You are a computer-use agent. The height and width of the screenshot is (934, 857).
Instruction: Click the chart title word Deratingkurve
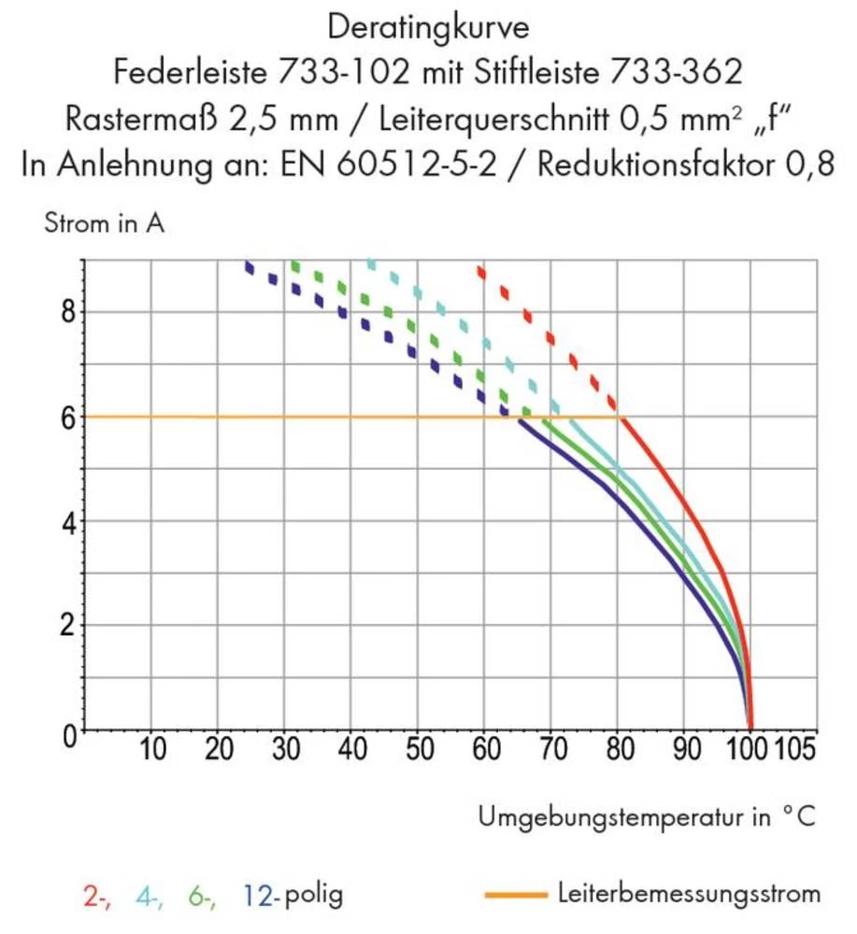[429, 27]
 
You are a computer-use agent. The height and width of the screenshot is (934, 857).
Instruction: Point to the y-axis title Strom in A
[104, 224]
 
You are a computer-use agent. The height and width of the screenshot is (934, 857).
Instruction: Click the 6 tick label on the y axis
[66, 417]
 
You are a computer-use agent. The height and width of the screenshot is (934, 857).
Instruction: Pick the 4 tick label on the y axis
[66, 521]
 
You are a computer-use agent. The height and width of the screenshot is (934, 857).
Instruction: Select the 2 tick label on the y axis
[66, 625]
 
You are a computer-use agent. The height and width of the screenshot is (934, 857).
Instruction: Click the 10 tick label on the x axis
[153, 749]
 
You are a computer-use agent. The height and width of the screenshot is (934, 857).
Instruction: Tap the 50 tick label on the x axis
[418, 749]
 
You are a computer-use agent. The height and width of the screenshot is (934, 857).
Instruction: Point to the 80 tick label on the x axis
[617, 749]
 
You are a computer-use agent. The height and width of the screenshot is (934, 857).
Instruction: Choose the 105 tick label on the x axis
[795, 749]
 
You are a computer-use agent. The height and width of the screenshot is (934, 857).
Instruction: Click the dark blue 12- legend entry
[261, 897]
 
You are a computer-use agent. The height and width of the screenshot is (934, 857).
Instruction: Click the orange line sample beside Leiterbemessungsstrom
[515, 896]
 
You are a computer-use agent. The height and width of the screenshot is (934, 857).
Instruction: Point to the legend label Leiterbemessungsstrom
[689, 894]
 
